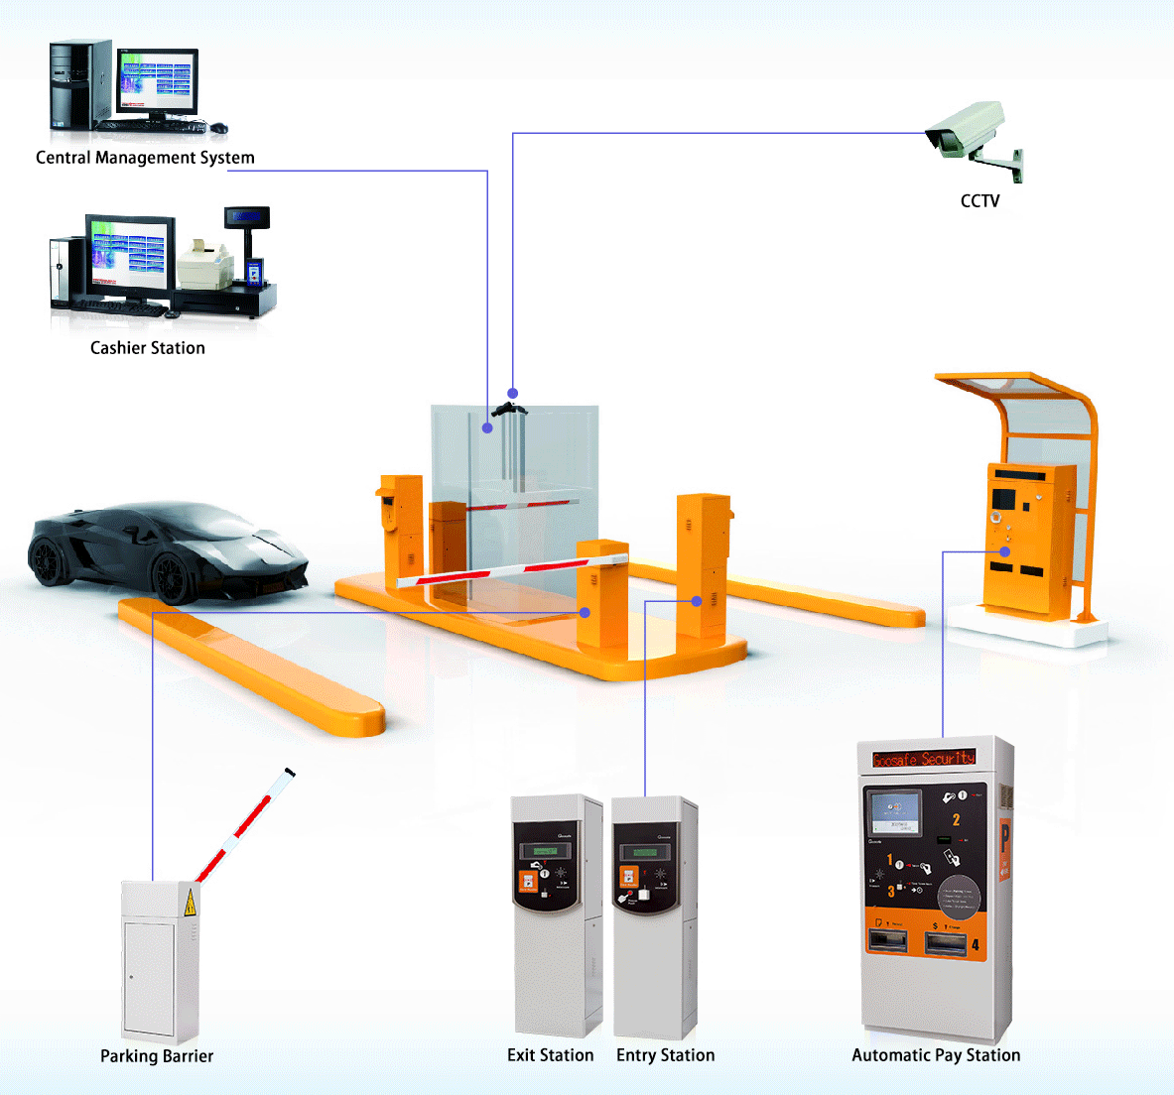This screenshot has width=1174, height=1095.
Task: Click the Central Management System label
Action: click(145, 158)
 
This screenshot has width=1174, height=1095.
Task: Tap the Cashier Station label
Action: click(148, 348)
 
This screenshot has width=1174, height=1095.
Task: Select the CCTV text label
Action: click(979, 201)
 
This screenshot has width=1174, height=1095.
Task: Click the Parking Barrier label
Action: click(157, 1056)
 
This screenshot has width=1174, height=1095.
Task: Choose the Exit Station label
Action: click(550, 1055)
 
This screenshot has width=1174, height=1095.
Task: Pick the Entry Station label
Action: click(665, 1055)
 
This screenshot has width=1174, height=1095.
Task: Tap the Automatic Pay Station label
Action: click(936, 1055)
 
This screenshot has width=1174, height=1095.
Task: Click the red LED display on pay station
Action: click(924, 759)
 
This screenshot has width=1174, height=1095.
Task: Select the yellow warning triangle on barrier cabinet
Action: click(190, 904)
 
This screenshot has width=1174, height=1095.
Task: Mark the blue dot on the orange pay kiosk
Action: click(1005, 551)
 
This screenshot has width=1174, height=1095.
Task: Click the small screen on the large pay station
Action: click(894, 813)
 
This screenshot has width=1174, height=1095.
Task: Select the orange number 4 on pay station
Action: click(976, 944)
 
